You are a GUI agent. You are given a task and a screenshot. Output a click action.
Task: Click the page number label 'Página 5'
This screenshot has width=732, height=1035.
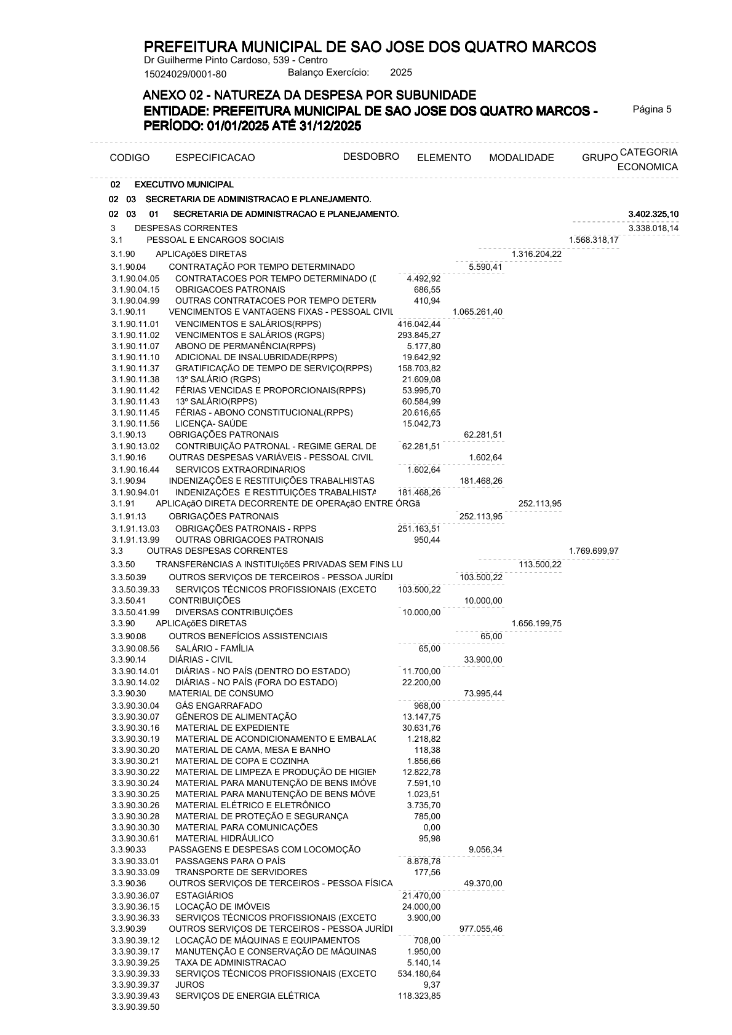coord(652,109)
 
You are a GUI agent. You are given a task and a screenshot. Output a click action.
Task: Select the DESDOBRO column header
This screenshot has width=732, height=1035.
coord(371,156)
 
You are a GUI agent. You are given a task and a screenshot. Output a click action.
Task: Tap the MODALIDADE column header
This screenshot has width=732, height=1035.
coord(521,158)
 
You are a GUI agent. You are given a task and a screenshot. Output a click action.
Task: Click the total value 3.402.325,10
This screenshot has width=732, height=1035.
coord(653,214)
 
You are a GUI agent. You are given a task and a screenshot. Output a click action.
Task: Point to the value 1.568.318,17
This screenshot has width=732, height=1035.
coord(594,240)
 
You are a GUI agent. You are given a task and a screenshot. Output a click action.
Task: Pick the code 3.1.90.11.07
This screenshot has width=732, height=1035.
coord(135,347)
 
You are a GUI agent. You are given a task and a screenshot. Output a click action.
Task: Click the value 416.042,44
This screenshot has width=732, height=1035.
coord(419,324)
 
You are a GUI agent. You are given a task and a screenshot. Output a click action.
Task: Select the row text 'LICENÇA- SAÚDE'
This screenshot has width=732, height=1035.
coord(211,423)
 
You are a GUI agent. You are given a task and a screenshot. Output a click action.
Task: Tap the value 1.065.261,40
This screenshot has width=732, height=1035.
coord(477,312)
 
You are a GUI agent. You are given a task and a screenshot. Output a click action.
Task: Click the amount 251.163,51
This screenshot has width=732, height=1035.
coord(419,529)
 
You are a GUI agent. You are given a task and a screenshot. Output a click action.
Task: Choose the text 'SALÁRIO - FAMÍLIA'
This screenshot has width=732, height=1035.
coord(214,648)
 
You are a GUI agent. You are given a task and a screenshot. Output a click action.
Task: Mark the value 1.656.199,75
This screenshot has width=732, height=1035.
coord(536,623)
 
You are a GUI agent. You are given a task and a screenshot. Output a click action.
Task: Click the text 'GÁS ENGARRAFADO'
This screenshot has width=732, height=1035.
coord(218,706)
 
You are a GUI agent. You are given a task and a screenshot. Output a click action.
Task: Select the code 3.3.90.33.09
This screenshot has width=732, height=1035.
coord(135,872)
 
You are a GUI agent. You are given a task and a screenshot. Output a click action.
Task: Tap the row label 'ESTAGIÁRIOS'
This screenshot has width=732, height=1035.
coord(204,895)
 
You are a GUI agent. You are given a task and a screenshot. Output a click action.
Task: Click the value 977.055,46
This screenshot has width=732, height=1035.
coord(481,929)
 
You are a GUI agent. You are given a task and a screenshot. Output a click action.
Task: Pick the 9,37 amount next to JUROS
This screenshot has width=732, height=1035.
coord(432,985)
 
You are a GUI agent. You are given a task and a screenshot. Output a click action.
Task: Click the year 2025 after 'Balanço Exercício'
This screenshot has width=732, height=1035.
coord(401,73)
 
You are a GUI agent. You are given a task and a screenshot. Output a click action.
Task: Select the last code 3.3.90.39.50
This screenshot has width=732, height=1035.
coord(135,1007)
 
